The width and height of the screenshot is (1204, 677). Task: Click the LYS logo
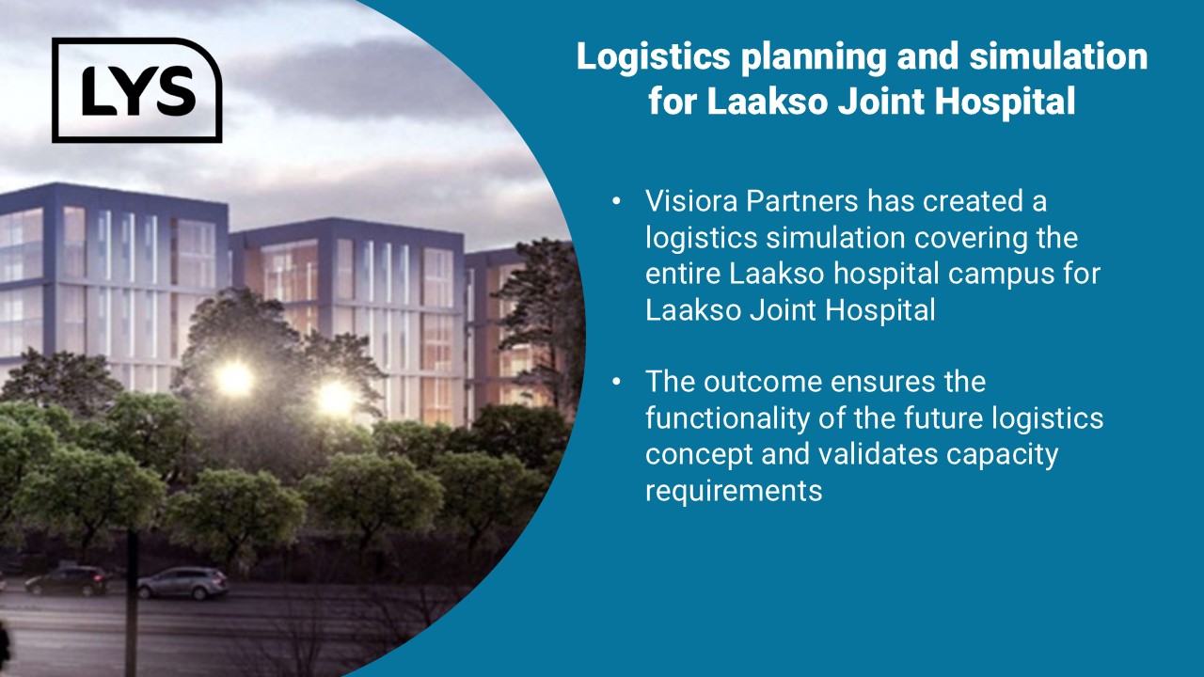(x=137, y=89)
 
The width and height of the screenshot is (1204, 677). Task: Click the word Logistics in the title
(x=653, y=57)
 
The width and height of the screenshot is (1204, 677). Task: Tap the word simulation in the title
(x=1058, y=55)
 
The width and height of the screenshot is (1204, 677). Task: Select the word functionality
(x=727, y=418)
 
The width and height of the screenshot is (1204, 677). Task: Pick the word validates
(x=878, y=453)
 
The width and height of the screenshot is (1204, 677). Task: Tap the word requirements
(x=734, y=491)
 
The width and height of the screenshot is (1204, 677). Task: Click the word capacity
(x=1002, y=455)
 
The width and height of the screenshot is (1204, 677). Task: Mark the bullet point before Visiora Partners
(x=616, y=202)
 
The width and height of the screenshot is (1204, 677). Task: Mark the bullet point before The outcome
(x=616, y=382)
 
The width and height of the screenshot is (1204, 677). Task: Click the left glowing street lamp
(x=234, y=378)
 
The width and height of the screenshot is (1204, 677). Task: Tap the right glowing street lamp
(x=335, y=398)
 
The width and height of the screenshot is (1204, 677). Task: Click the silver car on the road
(x=183, y=583)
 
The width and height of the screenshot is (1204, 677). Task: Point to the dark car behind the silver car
(x=67, y=580)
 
